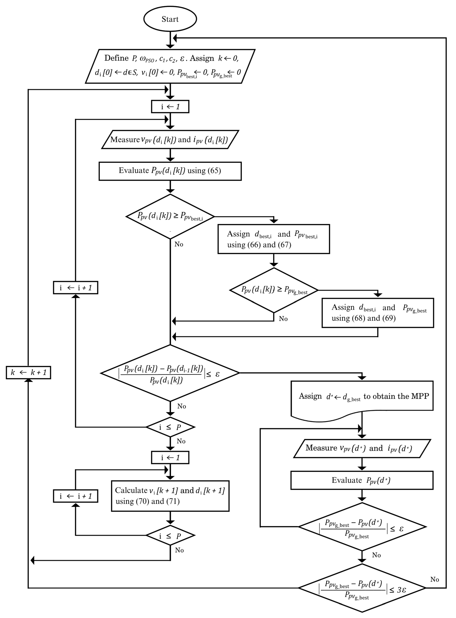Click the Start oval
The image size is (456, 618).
(x=170, y=19)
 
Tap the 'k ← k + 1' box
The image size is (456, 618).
(x=28, y=372)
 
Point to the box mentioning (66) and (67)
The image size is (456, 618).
(x=274, y=239)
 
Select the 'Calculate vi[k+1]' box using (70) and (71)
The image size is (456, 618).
(x=170, y=496)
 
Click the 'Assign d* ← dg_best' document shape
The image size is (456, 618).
(x=362, y=397)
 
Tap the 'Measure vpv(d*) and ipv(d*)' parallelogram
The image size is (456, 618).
(x=362, y=448)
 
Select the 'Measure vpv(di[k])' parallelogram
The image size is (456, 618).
(x=170, y=140)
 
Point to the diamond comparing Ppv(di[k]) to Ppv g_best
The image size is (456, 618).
(x=274, y=290)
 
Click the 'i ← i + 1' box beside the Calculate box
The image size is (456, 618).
(x=75, y=496)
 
